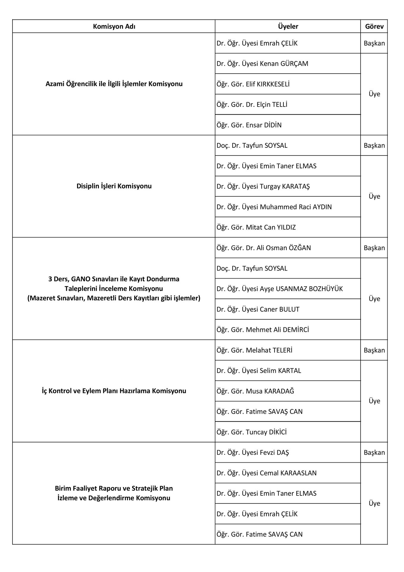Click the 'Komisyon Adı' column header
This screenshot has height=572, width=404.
tap(114, 27)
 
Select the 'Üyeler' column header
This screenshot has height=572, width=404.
tap(288, 27)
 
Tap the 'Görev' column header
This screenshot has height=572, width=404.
tap(374, 27)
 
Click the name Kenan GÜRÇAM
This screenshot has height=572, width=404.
tap(262, 64)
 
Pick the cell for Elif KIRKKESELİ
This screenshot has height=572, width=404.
tap(253, 84)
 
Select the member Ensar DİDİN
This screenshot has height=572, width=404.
tap(249, 125)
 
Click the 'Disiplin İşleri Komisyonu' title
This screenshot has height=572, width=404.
tap(114, 186)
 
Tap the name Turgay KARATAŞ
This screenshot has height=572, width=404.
tap(263, 186)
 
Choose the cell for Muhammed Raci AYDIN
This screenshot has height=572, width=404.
tap(274, 207)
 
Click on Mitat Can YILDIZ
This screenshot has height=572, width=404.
tap(256, 228)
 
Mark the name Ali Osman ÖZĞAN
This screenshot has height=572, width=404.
tap(263, 248)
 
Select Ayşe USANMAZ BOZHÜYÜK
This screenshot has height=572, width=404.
tap(280, 289)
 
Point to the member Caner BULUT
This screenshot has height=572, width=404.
tap(258, 310)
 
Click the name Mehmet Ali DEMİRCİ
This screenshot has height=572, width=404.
tap(263, 330)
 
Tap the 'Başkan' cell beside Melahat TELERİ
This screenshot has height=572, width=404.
tap(374, 350)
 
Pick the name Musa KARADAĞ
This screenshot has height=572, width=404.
tap(255, 391)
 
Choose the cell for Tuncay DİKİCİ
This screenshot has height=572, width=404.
tap(252, 432)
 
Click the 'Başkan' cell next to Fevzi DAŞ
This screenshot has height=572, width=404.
tap(374, 453)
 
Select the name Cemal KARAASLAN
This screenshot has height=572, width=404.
tap(266, 473)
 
